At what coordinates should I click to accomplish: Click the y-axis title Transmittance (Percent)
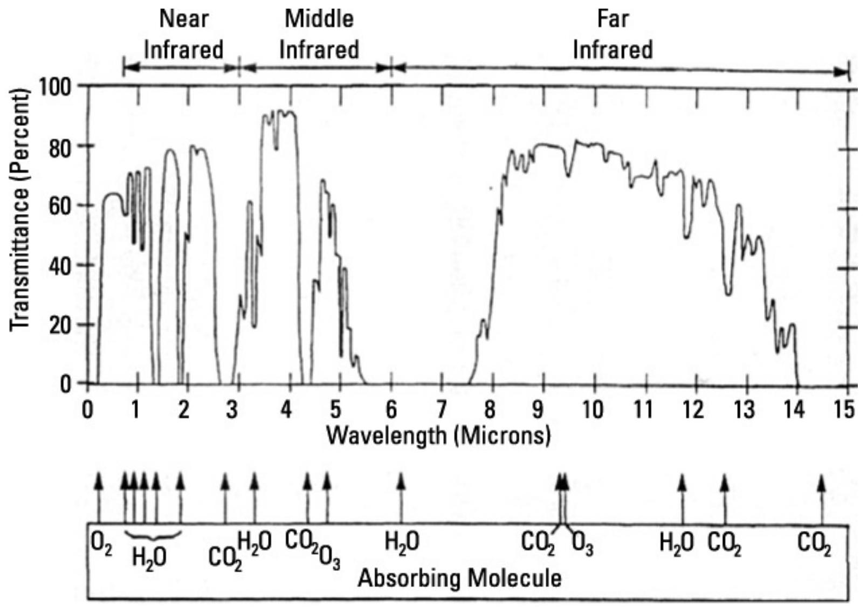[19, 210]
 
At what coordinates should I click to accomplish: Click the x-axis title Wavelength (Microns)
[438, 434]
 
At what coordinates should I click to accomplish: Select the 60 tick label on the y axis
[60, 206]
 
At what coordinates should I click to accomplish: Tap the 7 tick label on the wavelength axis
[442, 410]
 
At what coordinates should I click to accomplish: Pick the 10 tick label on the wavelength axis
[592, 410]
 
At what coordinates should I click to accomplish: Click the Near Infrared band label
[183, 35]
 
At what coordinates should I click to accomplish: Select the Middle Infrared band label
[319, 35]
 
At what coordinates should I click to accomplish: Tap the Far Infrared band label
[613, 35]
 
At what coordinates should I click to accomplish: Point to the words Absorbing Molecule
[459, 579]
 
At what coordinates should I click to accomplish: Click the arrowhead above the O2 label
[98, 479]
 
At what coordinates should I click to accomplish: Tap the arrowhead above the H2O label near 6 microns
[401, 479]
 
